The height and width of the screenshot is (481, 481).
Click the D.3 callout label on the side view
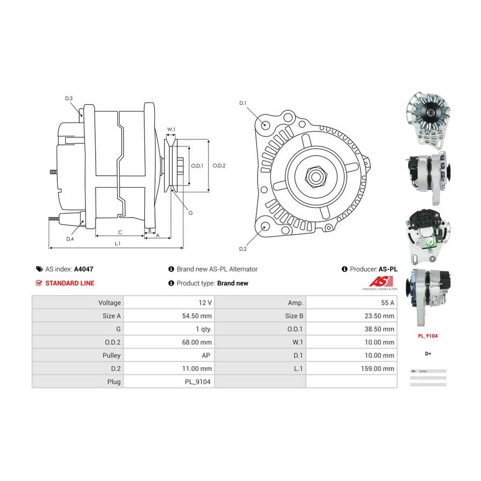tap(69, 98)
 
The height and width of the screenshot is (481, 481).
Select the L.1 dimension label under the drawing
tap(117, 244)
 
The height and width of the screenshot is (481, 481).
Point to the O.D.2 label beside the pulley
tap(219, 166)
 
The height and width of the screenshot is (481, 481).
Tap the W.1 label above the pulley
tap(171, 129)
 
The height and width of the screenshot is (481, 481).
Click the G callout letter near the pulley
tap(190, 213)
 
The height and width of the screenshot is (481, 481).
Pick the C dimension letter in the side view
tap(120, 232)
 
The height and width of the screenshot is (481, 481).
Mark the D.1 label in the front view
tap(243, 103)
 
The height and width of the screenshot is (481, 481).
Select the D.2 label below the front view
tap(243, 249)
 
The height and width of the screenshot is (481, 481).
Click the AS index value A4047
tap(84, 269)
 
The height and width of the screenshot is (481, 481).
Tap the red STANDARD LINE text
tap(69, 283)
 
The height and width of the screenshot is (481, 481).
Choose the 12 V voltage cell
tap(205, 302)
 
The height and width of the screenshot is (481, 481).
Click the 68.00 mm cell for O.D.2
tap(198, 342)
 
